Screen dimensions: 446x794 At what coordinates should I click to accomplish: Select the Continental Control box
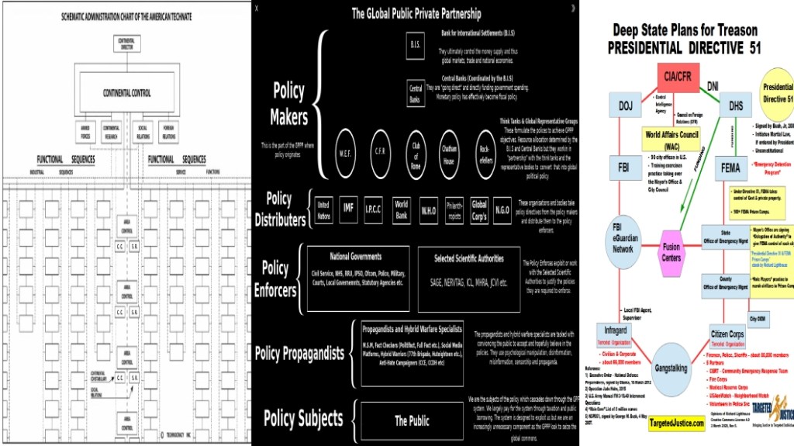click(126, 93)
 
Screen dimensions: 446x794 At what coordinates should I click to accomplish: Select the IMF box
click(349, 207)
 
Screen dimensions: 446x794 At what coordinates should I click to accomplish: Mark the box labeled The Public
click(412, 420)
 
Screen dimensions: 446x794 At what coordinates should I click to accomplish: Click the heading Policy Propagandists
click(299, 353)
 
